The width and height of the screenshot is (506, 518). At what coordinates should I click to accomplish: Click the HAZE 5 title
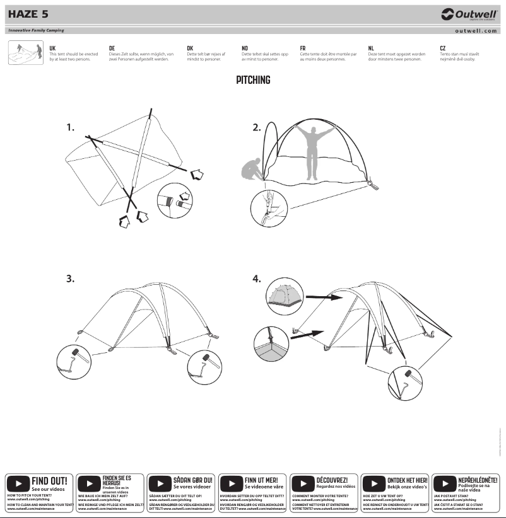click(28, 14)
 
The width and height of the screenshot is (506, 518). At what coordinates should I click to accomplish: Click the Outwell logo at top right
click(469, 14)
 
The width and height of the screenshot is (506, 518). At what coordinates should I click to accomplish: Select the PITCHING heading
click(253, 80)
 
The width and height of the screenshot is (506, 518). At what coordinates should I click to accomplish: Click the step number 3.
click(71, 279)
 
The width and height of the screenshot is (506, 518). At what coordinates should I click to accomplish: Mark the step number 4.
click(257, 279)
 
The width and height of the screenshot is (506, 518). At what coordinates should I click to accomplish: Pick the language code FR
click(303, 48)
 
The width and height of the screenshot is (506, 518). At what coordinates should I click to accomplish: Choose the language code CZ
click(443, 48)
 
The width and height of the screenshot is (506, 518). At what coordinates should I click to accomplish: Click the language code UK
click(52, 48)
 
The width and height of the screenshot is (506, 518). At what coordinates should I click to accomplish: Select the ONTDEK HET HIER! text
click(407, 480)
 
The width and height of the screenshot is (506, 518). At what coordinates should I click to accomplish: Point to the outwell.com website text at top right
click(476, 30)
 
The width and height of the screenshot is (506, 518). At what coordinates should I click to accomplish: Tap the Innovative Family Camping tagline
click(36, 30)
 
